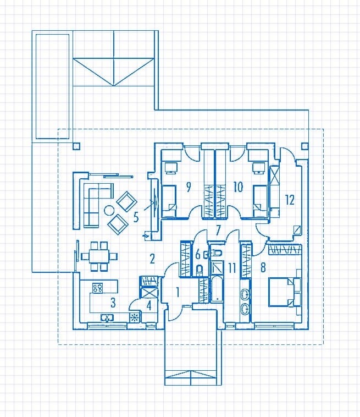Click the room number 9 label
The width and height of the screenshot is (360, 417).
189,186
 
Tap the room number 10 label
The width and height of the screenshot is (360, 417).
238,186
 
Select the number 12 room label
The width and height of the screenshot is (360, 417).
290,200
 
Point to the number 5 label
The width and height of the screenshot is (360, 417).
136,217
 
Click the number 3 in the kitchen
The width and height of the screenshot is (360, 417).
113,303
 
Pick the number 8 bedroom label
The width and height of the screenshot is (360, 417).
263,267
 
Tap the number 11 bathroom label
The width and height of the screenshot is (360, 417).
232,268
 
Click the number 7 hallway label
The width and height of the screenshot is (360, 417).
218,231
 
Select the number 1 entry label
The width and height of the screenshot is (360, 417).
178,292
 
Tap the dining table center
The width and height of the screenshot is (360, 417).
99,256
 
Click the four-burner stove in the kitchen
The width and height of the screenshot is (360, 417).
97,288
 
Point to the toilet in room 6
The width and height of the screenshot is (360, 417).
200,270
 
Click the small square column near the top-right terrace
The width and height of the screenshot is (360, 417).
304,146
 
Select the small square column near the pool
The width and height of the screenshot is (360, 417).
76,146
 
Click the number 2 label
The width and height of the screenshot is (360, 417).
152,259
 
